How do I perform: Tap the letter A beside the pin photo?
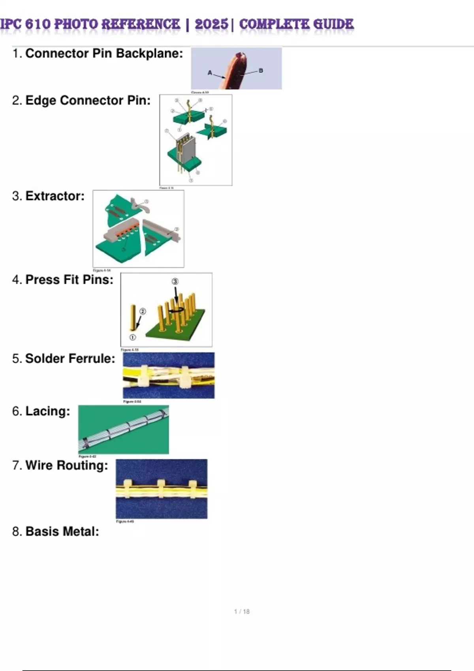pos(210,73)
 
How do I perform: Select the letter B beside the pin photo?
pos(261,71)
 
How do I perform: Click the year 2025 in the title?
pos(211,24)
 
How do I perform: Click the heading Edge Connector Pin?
pos(88,101)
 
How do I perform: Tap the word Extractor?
pos(55,196)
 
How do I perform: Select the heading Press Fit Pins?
pos(69,280)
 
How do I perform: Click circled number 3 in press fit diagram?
pos(175,281)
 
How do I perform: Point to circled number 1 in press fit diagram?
pos(133,337)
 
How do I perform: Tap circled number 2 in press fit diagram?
pos(143,311)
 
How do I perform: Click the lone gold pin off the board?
pos(133,318)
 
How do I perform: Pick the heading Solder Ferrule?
pos(70,359)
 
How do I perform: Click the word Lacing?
pos(47,411)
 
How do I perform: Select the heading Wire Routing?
pos(66,465)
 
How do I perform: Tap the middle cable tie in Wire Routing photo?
pos(161,489)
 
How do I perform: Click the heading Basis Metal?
pos(62,532)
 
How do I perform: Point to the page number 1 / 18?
pos(242,611)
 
